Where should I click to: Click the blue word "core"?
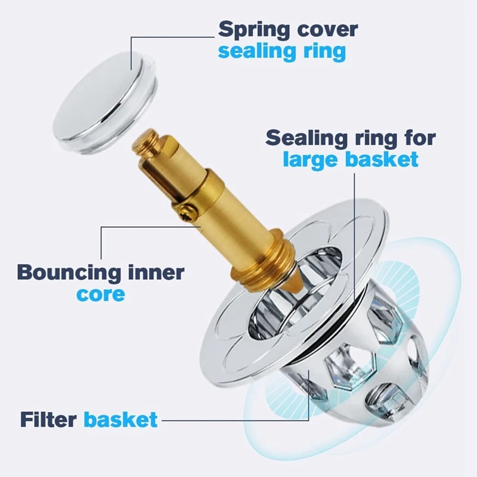pos(101,294)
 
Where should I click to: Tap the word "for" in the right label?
pos(416,138)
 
